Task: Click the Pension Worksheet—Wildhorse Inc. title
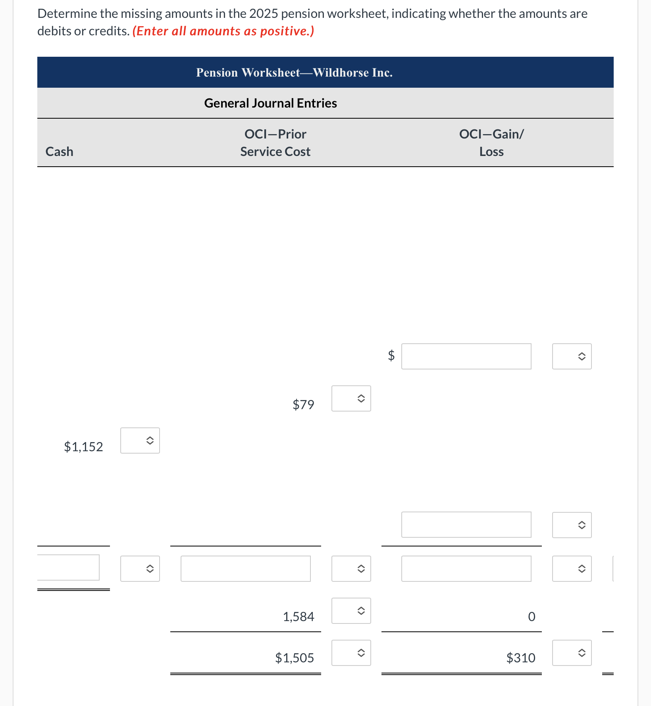294,73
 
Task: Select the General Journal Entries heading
270,103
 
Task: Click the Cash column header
59,152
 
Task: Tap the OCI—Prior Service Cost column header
275,143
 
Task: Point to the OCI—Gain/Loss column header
491,143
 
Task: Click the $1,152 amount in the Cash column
83,447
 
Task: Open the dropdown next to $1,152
140,441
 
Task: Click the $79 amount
303,404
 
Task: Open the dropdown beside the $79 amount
351,398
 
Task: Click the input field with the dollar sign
466,356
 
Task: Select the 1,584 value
298,617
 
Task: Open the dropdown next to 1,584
351,611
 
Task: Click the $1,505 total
295,658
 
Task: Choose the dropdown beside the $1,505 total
351,653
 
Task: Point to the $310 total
521,658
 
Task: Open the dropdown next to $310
572,653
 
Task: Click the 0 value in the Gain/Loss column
532,617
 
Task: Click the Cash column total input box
68,567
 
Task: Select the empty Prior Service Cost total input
245,569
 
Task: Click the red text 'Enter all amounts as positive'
223,31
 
